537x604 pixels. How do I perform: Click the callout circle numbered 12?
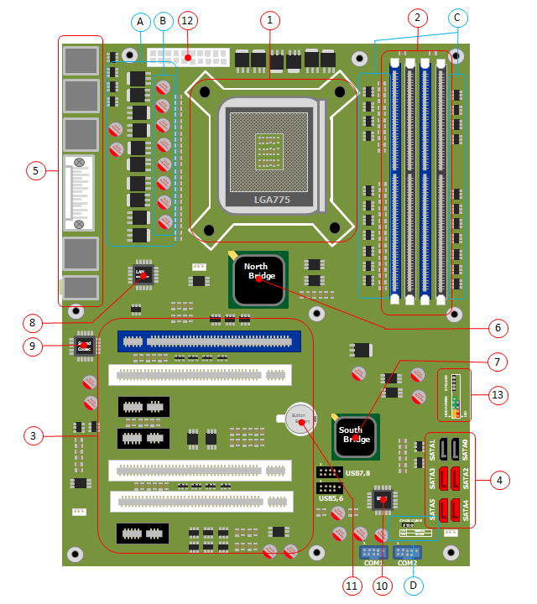coord(187,19)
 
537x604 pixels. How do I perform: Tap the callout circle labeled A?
coord(140,19)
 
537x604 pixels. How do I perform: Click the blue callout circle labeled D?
coord(412,584)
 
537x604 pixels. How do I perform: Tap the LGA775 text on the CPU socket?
coord(271,200)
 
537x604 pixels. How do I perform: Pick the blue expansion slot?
coord(208,341)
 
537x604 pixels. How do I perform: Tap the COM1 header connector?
coord(373,551)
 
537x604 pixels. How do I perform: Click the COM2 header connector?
coord(407,551)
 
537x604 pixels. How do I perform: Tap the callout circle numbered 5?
coord(34,170)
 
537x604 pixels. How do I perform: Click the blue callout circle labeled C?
coord(456,17)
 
